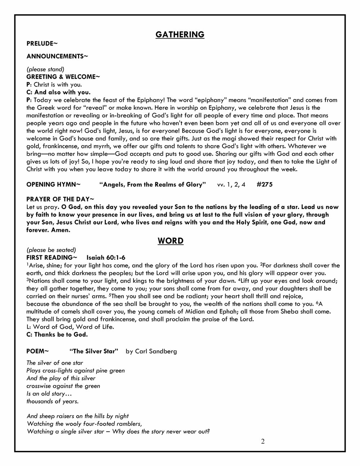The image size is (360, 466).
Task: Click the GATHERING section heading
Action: pos(180,35)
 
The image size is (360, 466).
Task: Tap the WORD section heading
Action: pos(170,241)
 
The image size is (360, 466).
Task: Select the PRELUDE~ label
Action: pos(42,44)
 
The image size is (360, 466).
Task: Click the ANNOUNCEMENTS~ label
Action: pos(57,56)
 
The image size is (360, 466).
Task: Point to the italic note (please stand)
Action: pos(45,69)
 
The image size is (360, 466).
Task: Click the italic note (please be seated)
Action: pos(51,250)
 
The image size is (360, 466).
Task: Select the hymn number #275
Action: pos(265,185)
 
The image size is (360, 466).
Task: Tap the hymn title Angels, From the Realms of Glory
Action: pos(153,185)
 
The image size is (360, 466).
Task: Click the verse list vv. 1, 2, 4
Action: pos(231,185)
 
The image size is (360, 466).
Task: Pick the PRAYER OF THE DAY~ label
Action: pos(60,199)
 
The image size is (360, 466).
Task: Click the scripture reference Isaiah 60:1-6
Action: pos(106,257)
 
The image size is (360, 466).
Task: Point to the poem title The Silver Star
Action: pos(94,351)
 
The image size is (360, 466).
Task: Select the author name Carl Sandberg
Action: pos(156,351)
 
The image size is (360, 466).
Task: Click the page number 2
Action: pos(263,442)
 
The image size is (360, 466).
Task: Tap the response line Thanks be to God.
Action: pos(57,335)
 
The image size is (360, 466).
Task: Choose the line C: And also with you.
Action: pos(58,92)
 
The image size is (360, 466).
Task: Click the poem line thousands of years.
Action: pos(53,401)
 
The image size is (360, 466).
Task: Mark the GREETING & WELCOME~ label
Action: pos(63,77)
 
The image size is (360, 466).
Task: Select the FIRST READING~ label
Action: pos(52,257)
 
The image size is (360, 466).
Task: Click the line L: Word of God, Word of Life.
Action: pos(70,327)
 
